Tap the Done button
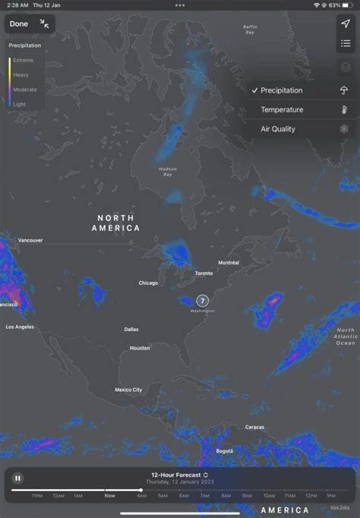(x=19, y=24)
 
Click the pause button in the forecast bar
(x=17, y=479)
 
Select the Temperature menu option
(x=282, y=109)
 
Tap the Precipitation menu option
(x=282, y=90)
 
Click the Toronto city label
(x=204, y=273)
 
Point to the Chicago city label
(x=148, y=283)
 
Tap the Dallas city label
(x=131, y=330)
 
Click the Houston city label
(x=140, y=348)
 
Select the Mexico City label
(x=128, y=390)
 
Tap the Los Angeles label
(x=20, y=327)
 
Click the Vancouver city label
(x=30, y=240)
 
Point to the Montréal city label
(x=229, y=263)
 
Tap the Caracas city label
(x=255, y=427)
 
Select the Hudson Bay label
(x=168, y=171)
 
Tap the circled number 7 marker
(x=202, y=300)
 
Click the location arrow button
(x=345, y=24)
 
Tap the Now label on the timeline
(x=110, y=495)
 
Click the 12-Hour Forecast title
(x=179, y=475)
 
